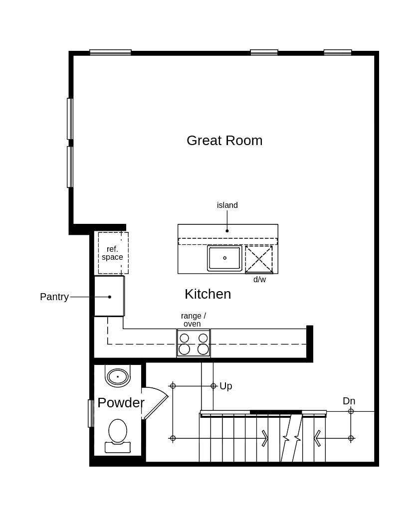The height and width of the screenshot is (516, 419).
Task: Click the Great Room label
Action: [x=224, y=141]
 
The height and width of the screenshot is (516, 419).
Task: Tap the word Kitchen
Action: [x=208, y=294]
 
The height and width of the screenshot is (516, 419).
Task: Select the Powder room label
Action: [x=121, y=403]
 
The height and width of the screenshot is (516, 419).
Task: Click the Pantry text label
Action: [x=54, y=297]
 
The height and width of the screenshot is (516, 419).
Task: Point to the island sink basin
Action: [x=224, y=258]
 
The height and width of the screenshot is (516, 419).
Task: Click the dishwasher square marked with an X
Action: [x=259, y=259]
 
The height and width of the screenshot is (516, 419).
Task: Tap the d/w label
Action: [x=259, y=280]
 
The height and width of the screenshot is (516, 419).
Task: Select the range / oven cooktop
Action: [x=194, y=343]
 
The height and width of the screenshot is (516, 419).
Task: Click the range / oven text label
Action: [x=193, y=320]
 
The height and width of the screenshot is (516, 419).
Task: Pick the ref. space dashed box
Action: [x=113, y=253]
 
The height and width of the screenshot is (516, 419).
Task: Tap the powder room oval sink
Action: [x=118, y=376]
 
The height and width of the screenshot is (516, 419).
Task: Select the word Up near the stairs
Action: [x=226, y=386]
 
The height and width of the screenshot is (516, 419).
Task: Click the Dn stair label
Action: [x=349, y=401]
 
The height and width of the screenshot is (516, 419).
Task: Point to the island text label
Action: [x=227, y=205]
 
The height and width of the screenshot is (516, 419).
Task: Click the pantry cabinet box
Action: [x=109, y=296]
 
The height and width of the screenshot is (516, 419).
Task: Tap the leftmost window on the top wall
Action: [x=110, y=52]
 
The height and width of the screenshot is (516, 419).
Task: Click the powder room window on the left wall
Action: [x=90, y=413]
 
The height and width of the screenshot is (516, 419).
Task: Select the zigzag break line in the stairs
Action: [x=291, y=438]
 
